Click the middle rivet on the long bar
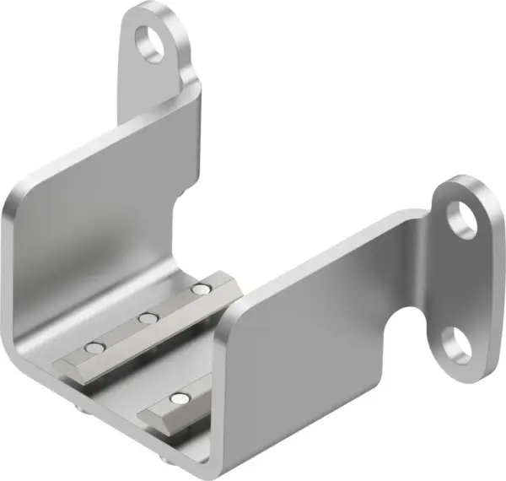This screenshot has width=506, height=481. click(x=148, y=318)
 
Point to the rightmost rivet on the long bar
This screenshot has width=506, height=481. click(x=199, y=289)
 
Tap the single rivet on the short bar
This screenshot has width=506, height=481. click(x=178, y=397)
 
